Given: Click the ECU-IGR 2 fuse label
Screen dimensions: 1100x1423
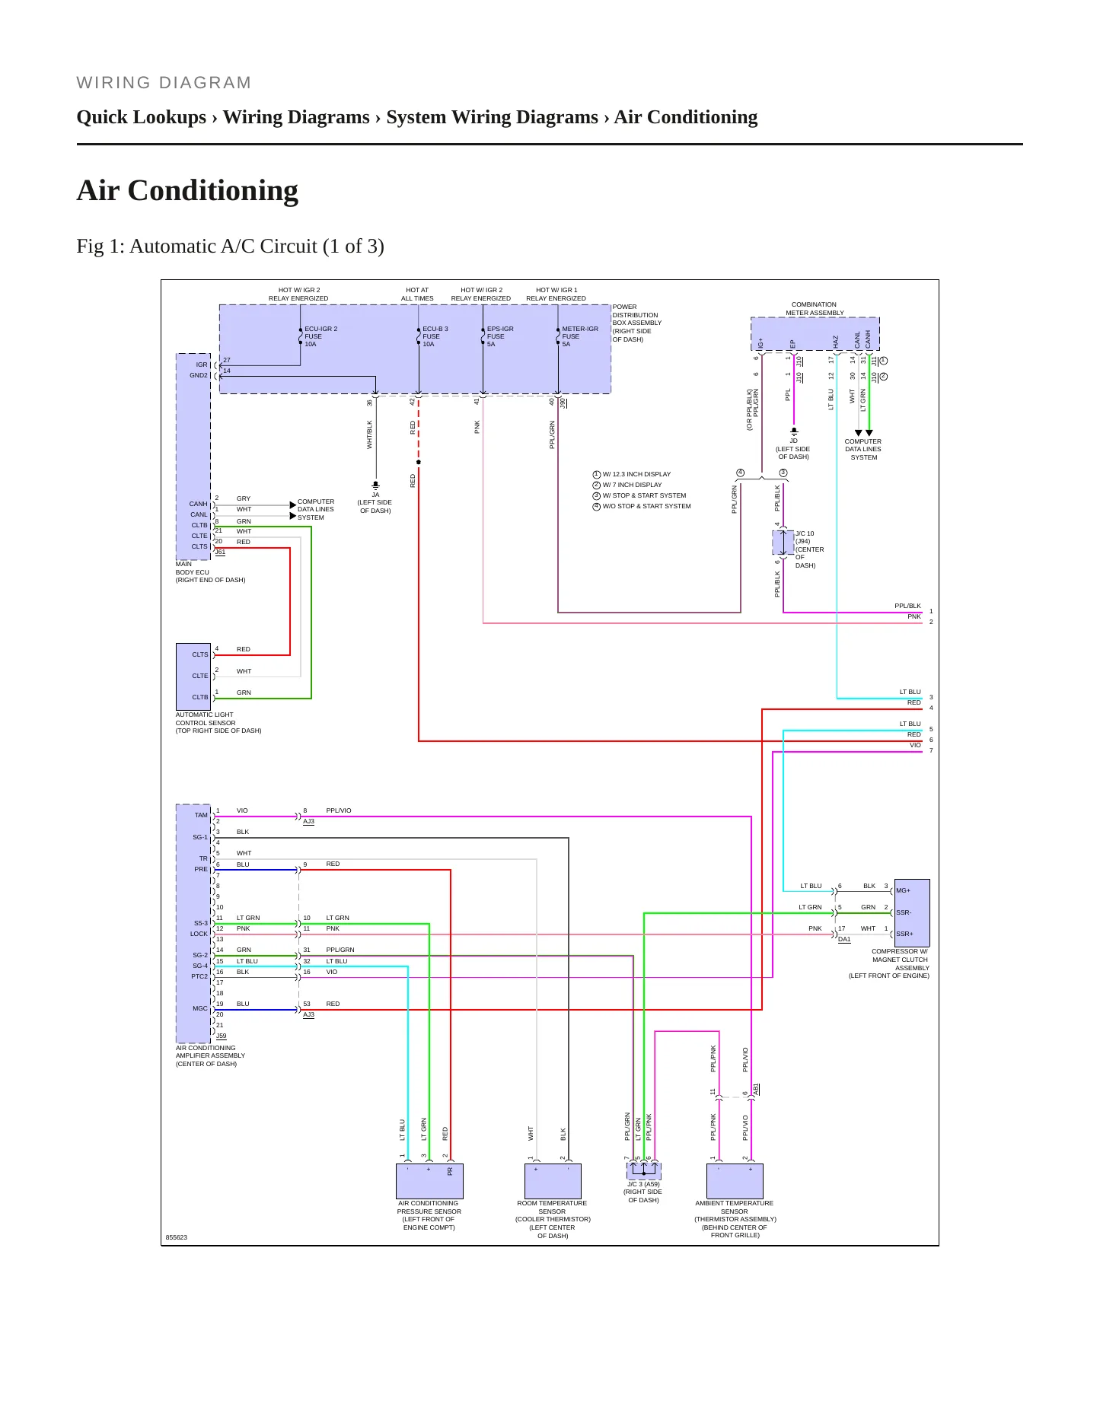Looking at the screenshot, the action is [x=320, y=336].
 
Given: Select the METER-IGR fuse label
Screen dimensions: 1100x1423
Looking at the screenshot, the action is [x=580, y=336].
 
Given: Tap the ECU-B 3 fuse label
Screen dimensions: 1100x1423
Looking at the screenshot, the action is [x=435, y=336].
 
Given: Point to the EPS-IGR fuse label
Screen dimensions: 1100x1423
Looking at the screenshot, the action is [x=500, y=336].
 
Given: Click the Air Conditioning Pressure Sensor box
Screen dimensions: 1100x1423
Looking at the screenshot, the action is [x=429, y=1181].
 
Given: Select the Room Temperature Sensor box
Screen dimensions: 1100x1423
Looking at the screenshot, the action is [x=553, y=1181].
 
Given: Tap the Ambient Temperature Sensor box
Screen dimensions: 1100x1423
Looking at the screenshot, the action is [x=735, y=1181].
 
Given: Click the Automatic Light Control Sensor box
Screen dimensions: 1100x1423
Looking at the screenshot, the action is [x=193, y=676].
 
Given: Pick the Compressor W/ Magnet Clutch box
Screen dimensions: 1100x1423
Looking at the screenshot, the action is [x=912, y=912].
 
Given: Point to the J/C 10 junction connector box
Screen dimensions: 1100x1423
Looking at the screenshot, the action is [x=783, y=543].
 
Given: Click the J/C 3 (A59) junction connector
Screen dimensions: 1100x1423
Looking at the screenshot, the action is [x=644, y=1170].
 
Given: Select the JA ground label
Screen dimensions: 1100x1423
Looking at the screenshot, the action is [x=375, y=495].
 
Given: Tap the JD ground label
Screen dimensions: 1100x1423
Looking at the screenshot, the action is [x=794, y=441].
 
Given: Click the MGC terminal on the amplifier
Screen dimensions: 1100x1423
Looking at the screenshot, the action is [x=200, y=1008].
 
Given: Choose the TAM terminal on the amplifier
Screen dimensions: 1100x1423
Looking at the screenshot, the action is [x=201, y=815].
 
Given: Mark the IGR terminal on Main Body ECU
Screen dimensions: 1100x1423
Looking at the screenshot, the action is [x=202, y=365].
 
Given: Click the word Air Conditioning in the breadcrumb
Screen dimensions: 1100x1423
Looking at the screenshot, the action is [x=686, y=117].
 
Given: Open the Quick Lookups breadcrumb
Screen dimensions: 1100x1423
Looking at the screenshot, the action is [x=142, y=117].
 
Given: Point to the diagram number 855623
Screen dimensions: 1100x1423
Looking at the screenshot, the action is [x=177, y=1237].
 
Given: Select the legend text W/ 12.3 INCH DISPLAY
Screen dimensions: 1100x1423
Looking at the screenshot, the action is [x=637, y=474].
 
